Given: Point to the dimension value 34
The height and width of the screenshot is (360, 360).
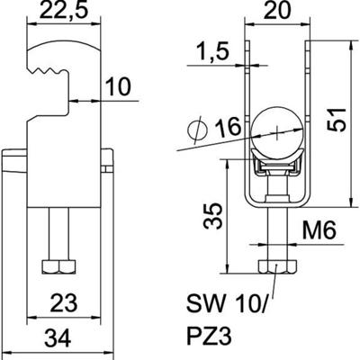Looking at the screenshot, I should coord(61,340).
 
